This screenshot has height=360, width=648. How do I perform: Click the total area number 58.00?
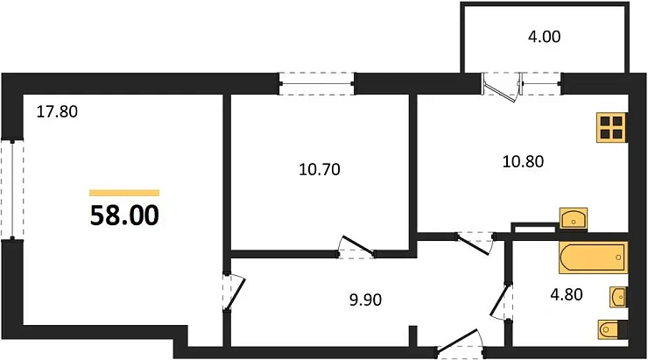point(124,215)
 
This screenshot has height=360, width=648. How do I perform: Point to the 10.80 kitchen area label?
point(522,161)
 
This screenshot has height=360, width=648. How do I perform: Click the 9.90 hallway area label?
point(365,300)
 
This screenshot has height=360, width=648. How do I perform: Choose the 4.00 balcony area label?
point(542,37)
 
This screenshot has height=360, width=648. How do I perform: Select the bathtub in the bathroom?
point(593,258)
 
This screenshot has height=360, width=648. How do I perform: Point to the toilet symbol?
point(610,328)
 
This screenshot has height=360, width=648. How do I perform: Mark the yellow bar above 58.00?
point(124,193)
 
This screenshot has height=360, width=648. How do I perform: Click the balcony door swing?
point(500,88)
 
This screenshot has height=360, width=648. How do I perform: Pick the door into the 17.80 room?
point(233,291)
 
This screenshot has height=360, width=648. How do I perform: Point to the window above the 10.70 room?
point(319,84)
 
